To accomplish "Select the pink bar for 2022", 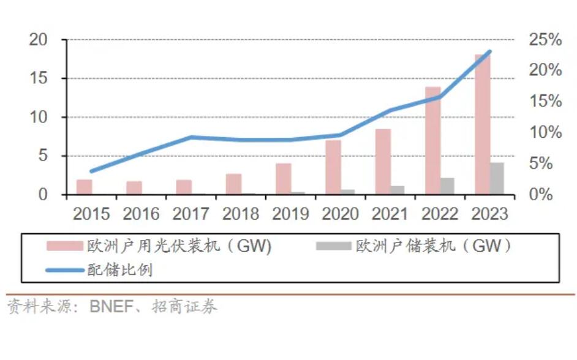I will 432,141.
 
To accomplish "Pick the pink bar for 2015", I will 85,187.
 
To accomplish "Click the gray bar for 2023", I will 497,178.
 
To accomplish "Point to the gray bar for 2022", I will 447,186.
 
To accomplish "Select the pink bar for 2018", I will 233,184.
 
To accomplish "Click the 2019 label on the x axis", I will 290,214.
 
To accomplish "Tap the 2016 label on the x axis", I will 141,214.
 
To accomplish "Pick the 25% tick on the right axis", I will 545,40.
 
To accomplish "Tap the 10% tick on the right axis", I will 545,132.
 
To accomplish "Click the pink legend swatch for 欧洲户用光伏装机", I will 65,246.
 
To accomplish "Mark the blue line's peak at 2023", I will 489,51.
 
